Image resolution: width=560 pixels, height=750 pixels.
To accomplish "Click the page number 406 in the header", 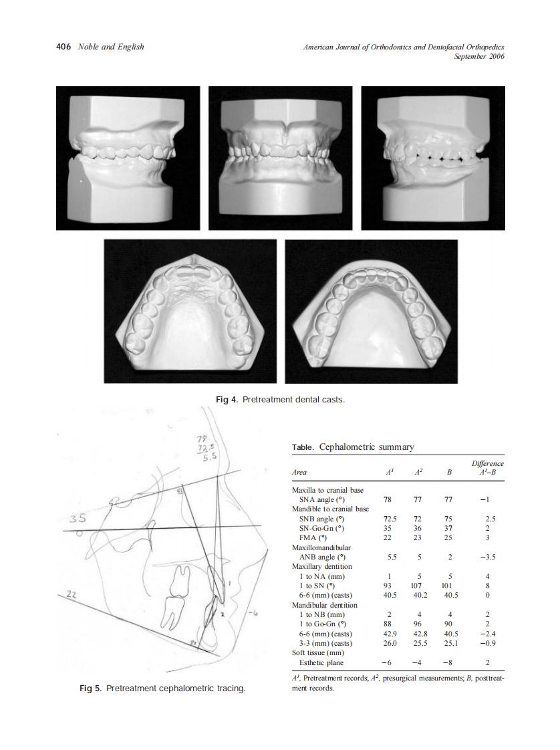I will tap(63, 47).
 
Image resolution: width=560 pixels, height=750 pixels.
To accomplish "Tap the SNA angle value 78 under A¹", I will tap(388, 499).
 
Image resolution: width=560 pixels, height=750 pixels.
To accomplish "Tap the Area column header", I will tap(299, 472).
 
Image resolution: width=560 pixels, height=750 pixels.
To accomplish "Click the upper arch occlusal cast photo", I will tap(190, 311).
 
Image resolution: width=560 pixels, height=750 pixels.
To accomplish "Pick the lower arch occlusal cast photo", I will tap(371, 311).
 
